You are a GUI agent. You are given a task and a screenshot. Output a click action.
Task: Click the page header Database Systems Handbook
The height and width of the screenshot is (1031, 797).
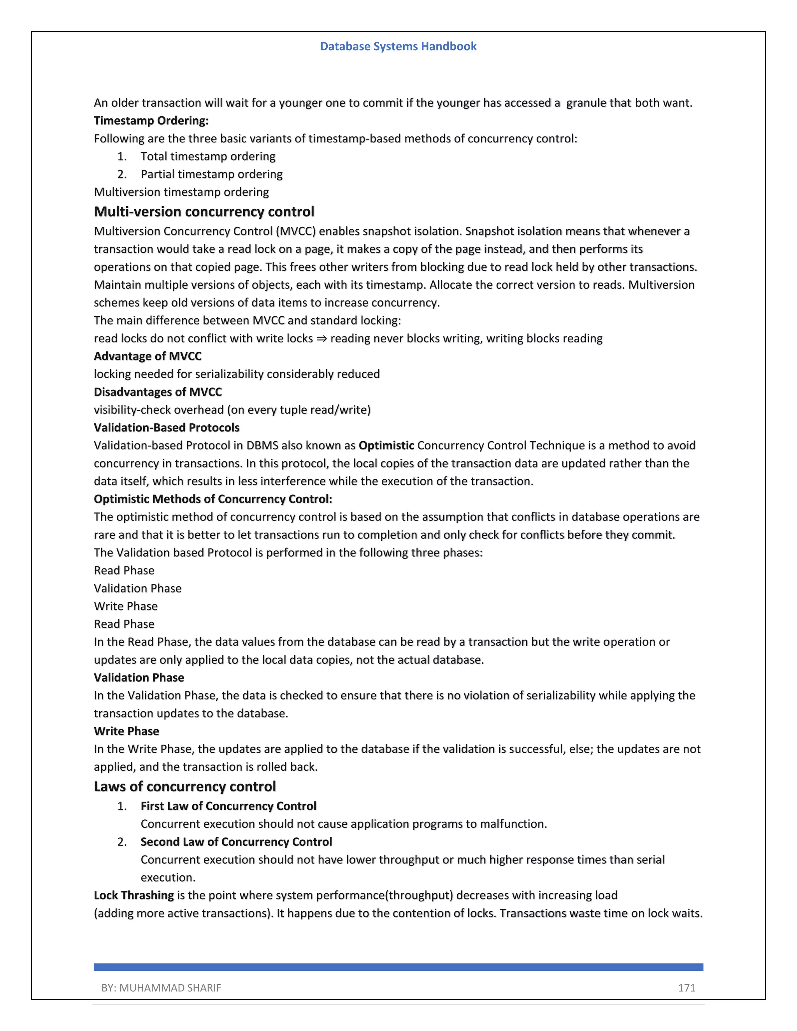tap(398, 46)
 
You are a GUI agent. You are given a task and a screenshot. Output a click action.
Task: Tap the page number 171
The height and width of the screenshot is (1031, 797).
tap(686, 987)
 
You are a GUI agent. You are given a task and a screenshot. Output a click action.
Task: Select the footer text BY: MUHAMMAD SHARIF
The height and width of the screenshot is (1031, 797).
tap(161, 987)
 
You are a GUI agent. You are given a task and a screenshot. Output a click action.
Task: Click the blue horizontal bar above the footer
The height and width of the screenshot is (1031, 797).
tap(398, 967)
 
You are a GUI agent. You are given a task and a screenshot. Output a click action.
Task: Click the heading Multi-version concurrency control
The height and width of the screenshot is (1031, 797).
tap(204, 212)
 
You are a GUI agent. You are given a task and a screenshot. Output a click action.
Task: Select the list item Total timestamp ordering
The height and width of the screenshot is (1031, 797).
tap(208, 156)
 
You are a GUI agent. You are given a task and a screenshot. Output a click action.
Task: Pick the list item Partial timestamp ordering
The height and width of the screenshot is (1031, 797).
tap(212, 174)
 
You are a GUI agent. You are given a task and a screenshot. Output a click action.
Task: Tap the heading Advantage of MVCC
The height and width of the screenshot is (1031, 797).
tap(148, 356)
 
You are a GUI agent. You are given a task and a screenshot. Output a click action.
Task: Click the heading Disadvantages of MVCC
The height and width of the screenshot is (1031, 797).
tap(158, 392)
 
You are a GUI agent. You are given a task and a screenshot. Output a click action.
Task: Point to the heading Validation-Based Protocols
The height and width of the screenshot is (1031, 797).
tap(167, 428)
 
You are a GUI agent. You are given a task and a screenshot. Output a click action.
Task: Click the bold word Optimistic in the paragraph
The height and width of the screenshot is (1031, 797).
tap(386, 445)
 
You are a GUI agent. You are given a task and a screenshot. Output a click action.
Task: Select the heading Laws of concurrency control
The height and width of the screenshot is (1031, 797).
tap(184, 786)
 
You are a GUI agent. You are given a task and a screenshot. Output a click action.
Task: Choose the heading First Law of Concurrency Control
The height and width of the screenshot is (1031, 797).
tap(228, 806)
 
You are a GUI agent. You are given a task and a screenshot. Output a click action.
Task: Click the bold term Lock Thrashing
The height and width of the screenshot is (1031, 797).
tap(133, 896)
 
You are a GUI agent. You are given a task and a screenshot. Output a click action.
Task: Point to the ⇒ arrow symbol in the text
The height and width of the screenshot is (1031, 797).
tap(321, 338)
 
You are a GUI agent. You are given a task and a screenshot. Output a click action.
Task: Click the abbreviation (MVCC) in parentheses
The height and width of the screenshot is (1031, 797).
tap(295, 231)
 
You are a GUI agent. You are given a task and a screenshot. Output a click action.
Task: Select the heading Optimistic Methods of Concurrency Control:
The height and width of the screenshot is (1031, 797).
tap(213, 499)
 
